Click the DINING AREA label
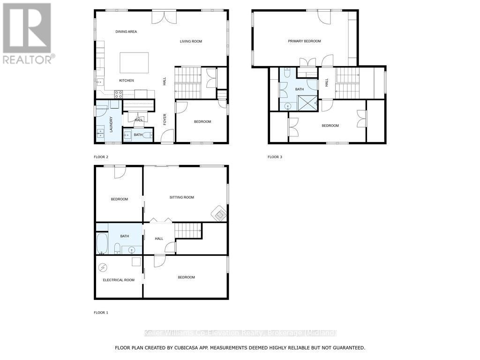126,31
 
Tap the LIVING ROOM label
191,41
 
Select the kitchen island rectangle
134,62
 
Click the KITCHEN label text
126,81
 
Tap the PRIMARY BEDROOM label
304,41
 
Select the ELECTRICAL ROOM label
119,280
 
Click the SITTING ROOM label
181,197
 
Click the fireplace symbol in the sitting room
219,213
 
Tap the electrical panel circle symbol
103,267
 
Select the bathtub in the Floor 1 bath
102,244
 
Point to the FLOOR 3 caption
275,157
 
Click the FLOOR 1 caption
101,312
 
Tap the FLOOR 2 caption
101,157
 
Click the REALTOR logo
28,33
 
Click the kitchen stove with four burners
119,94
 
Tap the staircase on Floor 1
188,230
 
